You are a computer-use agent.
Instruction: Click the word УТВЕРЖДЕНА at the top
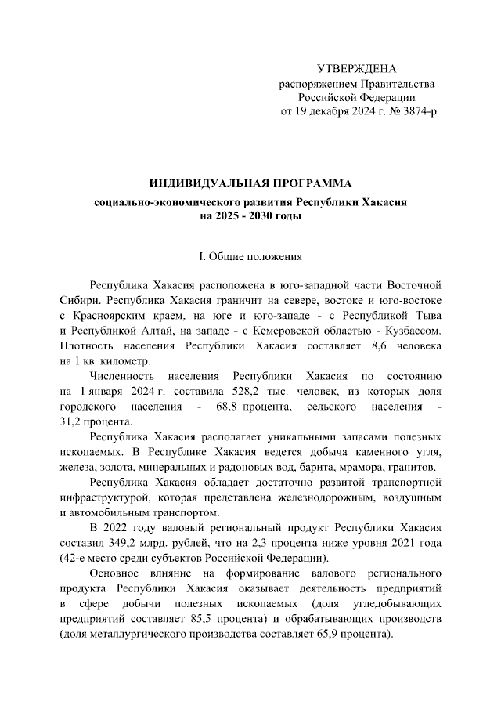[356, 68]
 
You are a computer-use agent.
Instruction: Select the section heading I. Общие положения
[250, 256]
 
